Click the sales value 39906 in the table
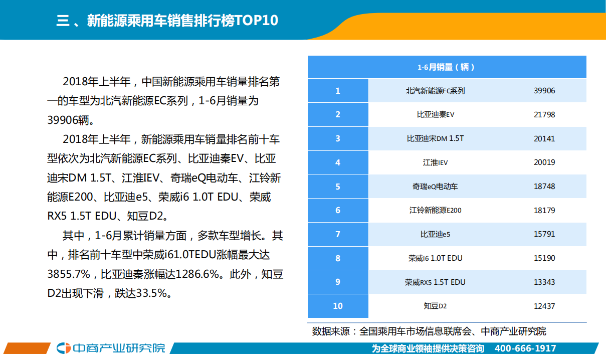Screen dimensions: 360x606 pos(544,91)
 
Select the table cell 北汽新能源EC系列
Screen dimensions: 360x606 pos(435,91)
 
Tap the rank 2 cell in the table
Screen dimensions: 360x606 pos(338,114)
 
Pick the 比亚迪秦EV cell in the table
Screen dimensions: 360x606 pos(435,114)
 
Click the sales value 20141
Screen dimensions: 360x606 pos(544,138)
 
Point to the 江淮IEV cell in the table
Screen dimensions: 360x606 pos(435,162)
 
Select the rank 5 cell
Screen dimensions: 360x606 pos(338,187)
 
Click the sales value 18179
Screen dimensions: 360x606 pos(544,211)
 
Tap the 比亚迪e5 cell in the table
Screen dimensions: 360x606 pos(435,234)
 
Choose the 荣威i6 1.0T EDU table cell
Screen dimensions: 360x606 pos(435,258)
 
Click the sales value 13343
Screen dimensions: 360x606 pos(544,282)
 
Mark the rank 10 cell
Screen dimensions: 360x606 pos(338,306)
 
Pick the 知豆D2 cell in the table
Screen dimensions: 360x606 pos(435,306)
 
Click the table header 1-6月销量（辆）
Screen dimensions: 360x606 pos(446,67)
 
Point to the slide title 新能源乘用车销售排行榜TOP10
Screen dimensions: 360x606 pos(167,21)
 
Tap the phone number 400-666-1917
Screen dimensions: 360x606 pos(525,348)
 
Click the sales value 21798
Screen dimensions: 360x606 pos(544,114)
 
